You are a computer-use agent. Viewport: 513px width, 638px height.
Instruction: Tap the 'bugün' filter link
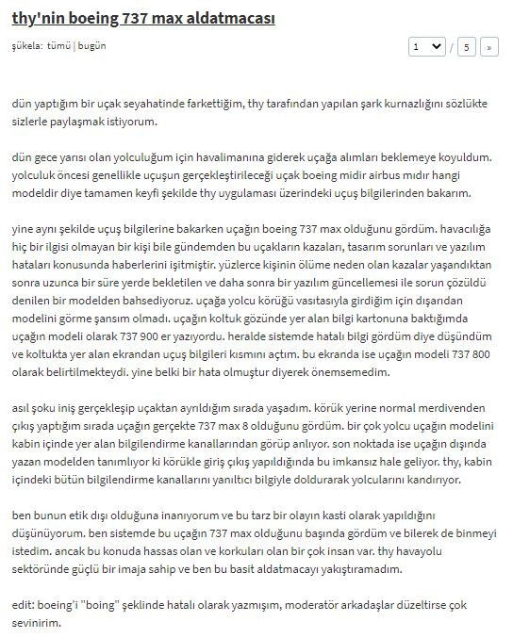click(92, 45)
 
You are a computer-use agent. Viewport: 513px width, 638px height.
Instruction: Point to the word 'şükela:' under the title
click(26, 45)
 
